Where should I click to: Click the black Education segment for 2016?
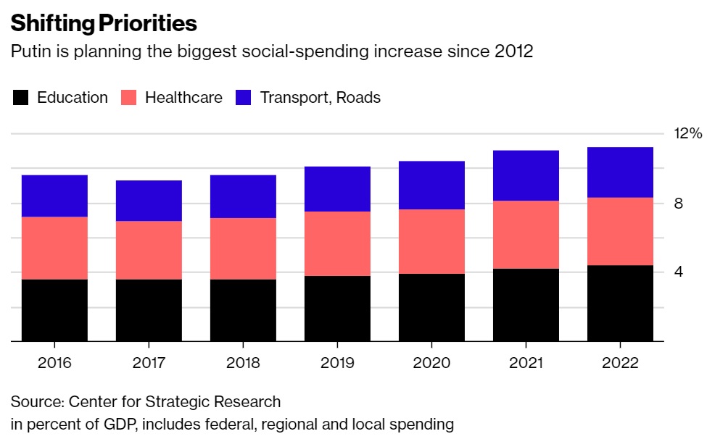tap(54, 310)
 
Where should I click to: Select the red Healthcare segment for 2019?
tap(337, 243)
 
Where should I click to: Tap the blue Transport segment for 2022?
tap(620, 172)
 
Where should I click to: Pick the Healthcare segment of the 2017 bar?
tap(149, 250)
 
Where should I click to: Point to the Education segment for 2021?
tap(526, 304)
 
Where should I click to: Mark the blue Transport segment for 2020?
tap(431, 185)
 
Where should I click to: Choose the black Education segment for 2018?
tap(243, 310)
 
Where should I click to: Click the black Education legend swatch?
tap(21, 98)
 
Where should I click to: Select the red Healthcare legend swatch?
tap(129, 98)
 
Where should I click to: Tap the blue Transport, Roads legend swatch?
tap(244, 98)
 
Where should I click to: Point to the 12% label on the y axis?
tap(688, 133)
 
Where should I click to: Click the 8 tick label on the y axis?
tap(679, 204)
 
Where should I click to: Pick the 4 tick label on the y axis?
tap(679, 272)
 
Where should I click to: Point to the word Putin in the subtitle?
tap(28, 52)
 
